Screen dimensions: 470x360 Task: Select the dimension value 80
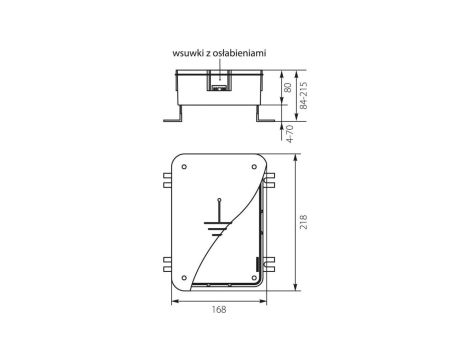[289, 88]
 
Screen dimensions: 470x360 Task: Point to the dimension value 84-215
[304, 96]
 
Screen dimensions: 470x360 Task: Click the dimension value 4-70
[290, 134]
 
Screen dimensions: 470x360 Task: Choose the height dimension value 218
[304, 222]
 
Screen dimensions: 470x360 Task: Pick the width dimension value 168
[219, 310]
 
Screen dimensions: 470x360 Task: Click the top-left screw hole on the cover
[184, 167]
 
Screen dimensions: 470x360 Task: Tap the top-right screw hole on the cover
[254, 167]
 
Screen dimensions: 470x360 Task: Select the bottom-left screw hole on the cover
[184, 278]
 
